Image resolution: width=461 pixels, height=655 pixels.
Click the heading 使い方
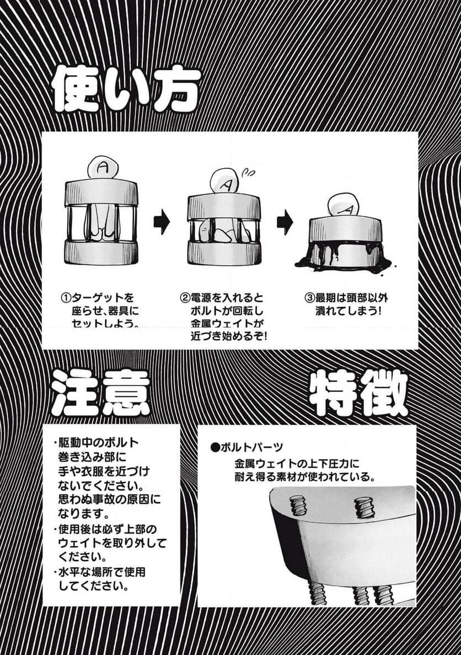[126, 90]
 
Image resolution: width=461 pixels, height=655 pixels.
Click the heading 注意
[101, 392]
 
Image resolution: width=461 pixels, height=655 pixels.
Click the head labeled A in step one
[102, 169]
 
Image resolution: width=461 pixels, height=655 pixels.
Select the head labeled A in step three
[343, 205]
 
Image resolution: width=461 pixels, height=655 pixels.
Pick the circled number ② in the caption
[185, 298]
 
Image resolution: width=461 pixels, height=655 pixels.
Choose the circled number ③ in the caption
[309, 298]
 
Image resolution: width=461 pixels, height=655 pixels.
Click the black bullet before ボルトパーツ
[215, 447]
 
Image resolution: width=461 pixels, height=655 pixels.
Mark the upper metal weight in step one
[101, 192]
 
